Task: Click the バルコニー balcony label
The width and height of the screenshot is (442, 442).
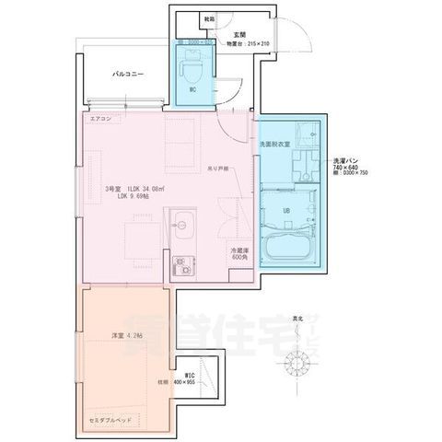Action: pyautogui.click(x=128, y=73)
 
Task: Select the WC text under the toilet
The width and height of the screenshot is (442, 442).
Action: pyautogui.click(x=192, y=90)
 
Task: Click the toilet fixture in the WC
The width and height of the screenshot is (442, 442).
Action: pyautogui.click(x=192, y=66)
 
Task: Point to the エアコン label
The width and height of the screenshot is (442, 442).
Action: pyautogui.click(x=100, y=120)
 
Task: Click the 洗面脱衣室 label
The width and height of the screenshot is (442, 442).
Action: pyautogui.click(x=274, y=145)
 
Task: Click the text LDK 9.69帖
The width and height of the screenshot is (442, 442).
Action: pyautogui.click(x=138, y=196)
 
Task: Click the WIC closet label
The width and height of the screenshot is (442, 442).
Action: pyautogui.click(x=189, y=376)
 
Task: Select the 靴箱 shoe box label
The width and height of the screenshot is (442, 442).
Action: pyautogui.click(x=210, y=18)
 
